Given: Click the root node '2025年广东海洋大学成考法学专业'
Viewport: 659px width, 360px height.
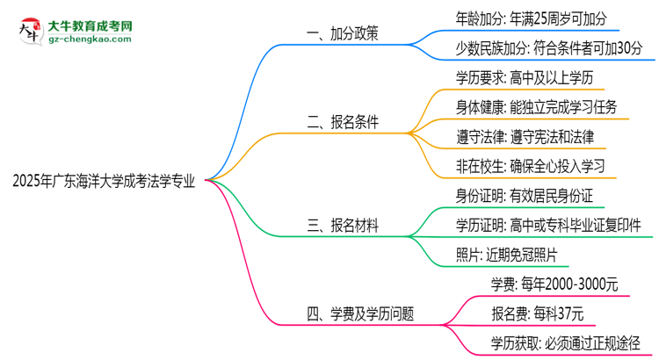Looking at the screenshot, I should [x=104, y=182].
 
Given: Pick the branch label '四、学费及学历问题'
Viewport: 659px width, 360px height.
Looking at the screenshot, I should [x=359, y=313].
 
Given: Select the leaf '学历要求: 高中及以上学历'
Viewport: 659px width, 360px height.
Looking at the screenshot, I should [x=525, y=79].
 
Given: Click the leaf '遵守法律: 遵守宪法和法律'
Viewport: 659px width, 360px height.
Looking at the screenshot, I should [x=525, y=138].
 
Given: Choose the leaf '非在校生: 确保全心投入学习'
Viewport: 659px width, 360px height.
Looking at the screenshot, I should [x=531, y=167].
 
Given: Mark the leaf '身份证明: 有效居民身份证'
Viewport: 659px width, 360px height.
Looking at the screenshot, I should [x=525, y=196].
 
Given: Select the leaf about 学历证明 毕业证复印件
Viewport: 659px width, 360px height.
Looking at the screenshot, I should [x=548, y=226].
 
